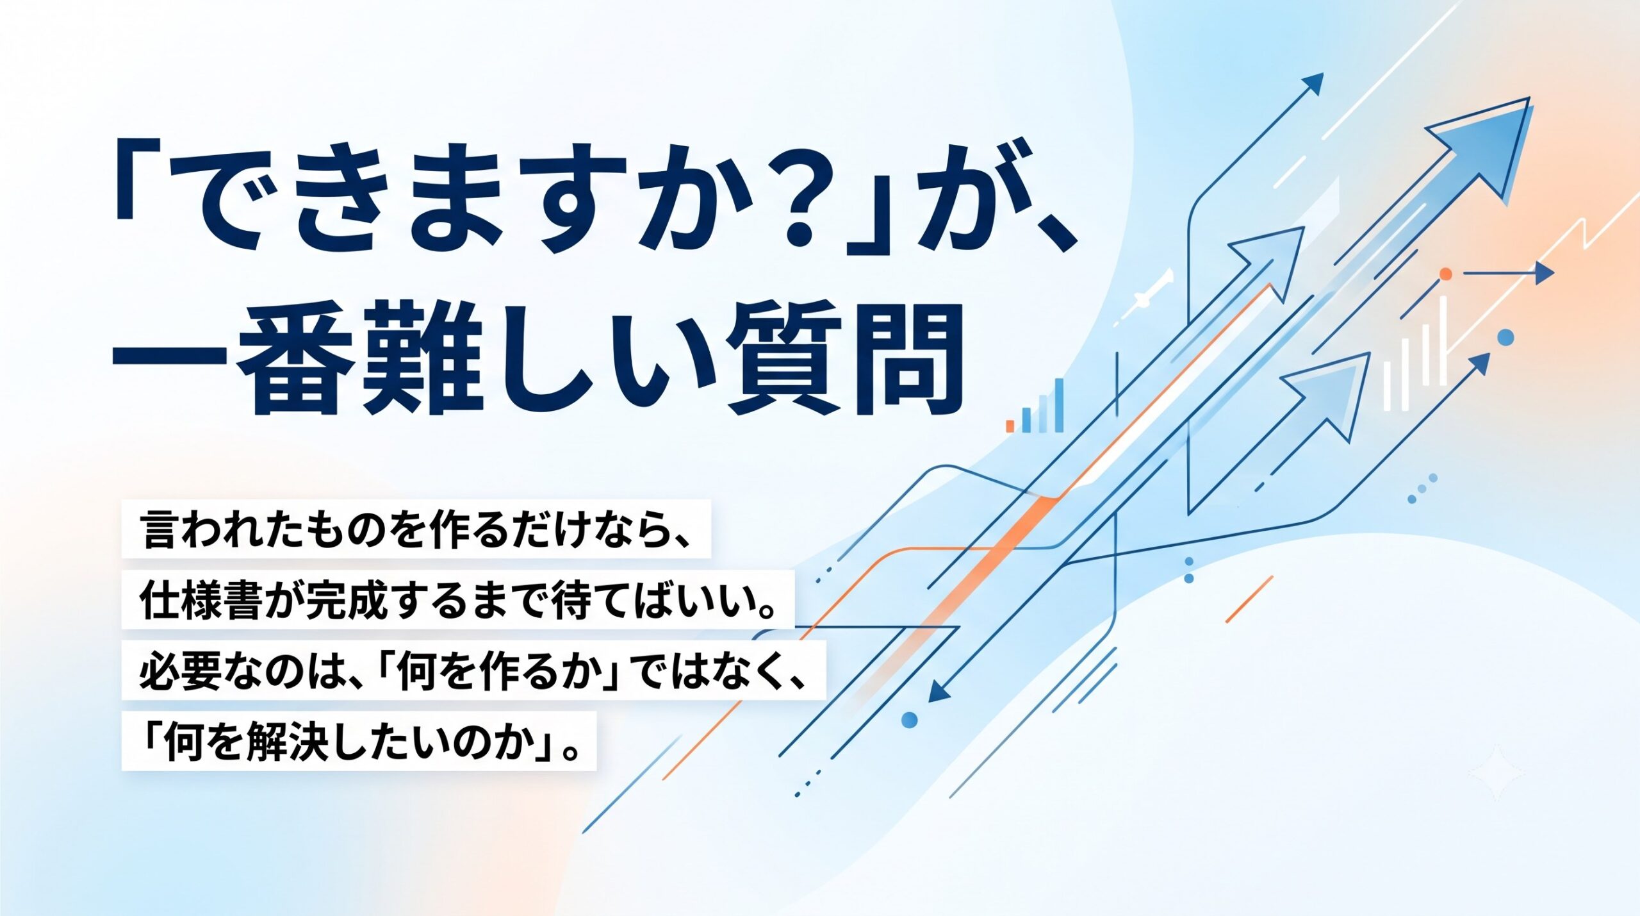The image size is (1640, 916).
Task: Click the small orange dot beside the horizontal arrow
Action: [1445, 274]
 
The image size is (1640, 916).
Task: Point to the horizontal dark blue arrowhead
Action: [1545, 274]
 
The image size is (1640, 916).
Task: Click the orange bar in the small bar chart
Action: [1010, 426]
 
